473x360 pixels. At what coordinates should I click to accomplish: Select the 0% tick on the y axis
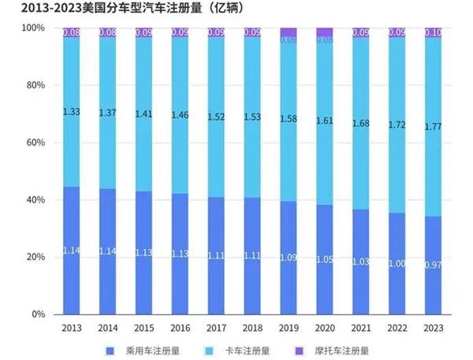(x=37, y=314)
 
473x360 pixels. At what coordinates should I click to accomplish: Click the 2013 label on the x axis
(x=72, y=327)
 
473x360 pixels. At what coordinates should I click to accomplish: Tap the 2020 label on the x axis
(x=325, y=327)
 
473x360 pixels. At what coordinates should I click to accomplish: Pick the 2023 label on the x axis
(x=434, y=327)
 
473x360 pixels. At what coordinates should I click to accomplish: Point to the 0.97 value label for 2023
(x=434, y=263)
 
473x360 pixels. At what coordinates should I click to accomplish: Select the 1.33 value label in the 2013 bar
(x=72, y=112)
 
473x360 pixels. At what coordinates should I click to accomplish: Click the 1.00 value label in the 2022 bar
(x=397, y=263)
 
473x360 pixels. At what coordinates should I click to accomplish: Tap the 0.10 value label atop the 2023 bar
(x=434, y=32)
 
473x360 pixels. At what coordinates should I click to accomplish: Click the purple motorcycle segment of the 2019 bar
(x=289, y=32)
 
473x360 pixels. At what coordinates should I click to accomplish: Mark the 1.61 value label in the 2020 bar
(x=325, y=121)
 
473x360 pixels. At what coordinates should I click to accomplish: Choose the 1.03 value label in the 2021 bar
(x=361, y=261)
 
